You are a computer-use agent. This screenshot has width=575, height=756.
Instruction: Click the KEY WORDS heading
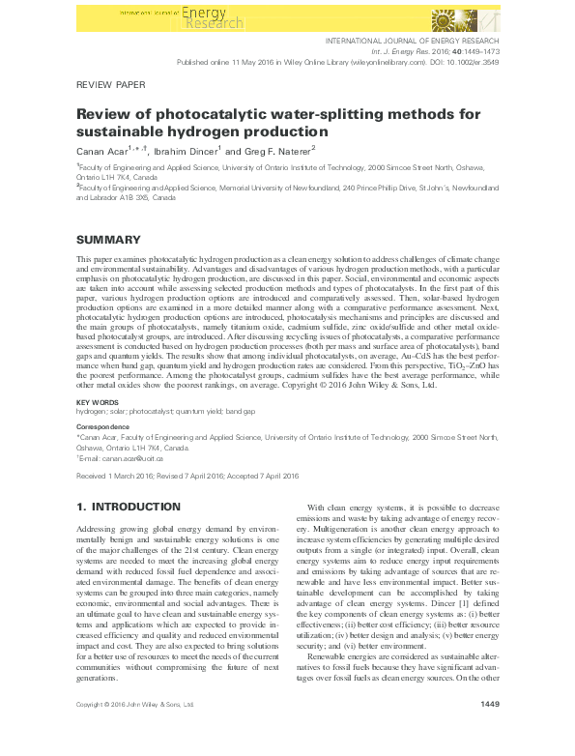coord(97,401)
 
